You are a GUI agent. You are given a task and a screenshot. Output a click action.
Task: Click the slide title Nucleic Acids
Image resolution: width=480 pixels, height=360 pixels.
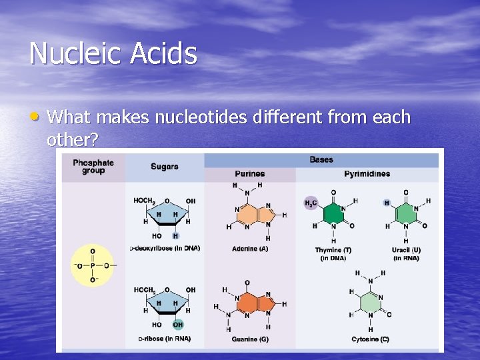(113, 53)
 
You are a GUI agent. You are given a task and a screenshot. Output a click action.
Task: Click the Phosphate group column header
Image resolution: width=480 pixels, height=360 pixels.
(93, 167)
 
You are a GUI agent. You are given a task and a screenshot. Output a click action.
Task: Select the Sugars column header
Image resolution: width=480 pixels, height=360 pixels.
(164, 167)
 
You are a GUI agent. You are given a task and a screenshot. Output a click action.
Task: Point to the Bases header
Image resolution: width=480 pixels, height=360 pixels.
(321, 159)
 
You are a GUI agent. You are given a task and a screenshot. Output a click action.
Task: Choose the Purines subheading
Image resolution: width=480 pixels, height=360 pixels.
(250, 174)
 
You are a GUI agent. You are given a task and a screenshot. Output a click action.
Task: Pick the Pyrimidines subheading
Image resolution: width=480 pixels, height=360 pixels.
(367, 174)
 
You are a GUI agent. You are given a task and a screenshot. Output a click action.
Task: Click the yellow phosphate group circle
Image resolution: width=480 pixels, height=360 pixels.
(92, 265)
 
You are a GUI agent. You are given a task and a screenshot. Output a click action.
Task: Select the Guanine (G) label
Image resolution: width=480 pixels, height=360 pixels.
(250, 339)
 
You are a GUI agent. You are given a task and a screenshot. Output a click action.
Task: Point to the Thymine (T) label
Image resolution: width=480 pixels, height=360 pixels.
(333, 250)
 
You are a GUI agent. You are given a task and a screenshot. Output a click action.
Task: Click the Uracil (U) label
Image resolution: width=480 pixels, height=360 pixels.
(406, 250)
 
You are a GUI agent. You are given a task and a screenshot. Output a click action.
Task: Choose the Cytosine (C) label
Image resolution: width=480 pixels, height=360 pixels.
(370, 339)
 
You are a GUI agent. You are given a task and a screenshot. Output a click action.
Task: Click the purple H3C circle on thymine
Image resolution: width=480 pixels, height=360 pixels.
(311, 203)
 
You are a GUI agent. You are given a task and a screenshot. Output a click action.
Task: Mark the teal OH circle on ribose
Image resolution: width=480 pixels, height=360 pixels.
(178, 325)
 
